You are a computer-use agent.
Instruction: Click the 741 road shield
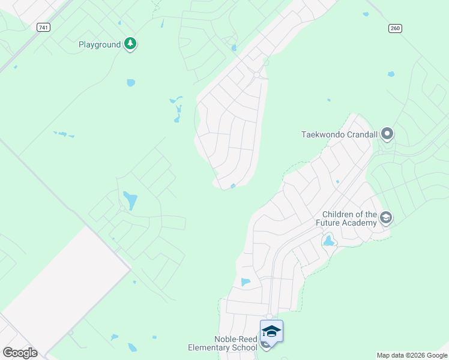pos(43,28)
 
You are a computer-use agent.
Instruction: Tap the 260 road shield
pos(394,28)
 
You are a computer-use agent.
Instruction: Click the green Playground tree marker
pos(130,44)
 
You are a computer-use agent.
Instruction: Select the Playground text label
pos(100,44)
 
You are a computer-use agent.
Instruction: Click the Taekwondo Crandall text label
pos(339,134)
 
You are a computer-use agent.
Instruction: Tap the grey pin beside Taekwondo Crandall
pos(387,134)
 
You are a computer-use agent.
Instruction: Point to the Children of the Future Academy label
pos(349,218)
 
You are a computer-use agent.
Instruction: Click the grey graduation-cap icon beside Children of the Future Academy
pos(386,218)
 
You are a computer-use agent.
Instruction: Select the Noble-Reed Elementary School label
pos(222,343)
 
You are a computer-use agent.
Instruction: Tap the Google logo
pos(20,352)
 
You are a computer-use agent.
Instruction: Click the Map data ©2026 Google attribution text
pos(412,355)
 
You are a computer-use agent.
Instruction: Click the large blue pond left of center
pos(130,200)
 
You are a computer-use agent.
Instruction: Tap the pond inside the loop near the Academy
pos(328,241)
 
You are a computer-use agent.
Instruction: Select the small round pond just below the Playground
pos(131,83)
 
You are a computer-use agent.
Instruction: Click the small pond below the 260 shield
pos(391,74)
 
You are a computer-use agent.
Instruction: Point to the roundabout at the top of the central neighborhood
pos(257,75)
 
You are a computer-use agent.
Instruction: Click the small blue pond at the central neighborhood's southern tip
pos(233,187)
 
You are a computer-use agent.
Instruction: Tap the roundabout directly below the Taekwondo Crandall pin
pos(381,152)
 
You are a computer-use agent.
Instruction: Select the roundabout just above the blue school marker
pos(270,316)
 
